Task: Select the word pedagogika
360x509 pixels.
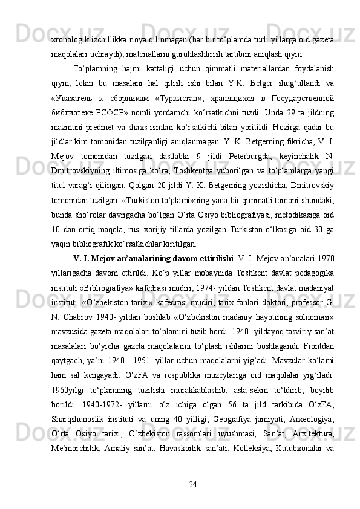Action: pyautogui.click(x=313, y=272)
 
